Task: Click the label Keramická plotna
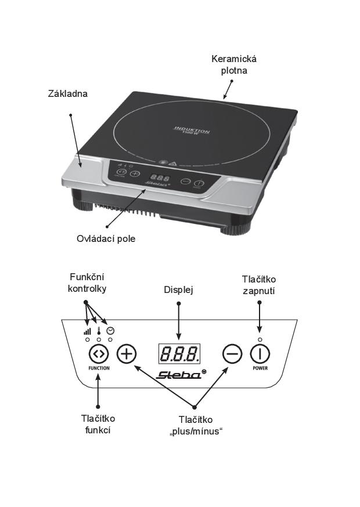pos(234,64)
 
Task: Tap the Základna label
pos(68,93)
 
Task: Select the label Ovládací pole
pos(106,238)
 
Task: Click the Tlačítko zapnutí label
pos(259,285)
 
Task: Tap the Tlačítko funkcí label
pos(98,424)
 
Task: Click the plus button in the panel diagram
pos(127,353)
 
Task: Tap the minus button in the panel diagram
pos(232,353)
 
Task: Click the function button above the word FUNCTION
pos(98,353)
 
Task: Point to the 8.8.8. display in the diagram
pos(179,353)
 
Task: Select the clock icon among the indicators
pos(110,331)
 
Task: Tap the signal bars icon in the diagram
pos(87,331)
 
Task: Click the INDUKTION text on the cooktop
pos(192,129)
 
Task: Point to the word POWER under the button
pos(260,368)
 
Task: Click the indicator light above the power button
pos(260,339)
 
